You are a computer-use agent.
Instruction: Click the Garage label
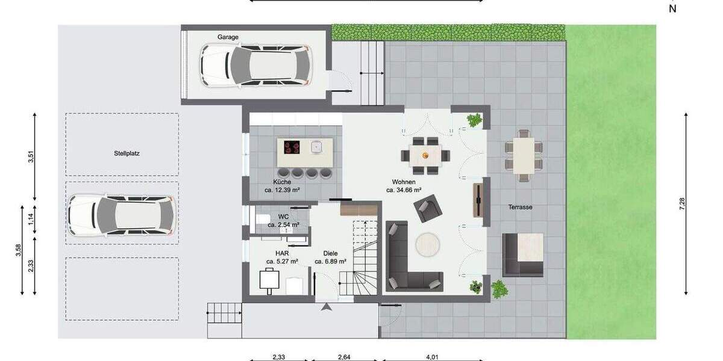228,37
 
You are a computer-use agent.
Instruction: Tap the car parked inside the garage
257,65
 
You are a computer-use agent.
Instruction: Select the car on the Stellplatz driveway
122,215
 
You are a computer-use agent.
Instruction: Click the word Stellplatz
127,153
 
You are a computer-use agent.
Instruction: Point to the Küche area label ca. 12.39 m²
282,190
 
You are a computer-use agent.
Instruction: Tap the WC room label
283,217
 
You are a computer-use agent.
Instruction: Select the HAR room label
282,254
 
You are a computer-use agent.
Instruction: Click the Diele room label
330,254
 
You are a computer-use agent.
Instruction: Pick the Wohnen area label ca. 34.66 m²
403,190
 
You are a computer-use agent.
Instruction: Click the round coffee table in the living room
429,246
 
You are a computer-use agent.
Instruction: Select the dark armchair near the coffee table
427,209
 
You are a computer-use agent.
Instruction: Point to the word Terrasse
519,207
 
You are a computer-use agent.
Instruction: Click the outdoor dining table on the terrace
524,155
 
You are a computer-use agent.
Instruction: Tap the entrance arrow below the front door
327,307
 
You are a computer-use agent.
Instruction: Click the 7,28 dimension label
682,204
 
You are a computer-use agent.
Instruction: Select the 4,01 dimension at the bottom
431,357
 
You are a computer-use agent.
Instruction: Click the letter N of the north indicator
672,8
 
